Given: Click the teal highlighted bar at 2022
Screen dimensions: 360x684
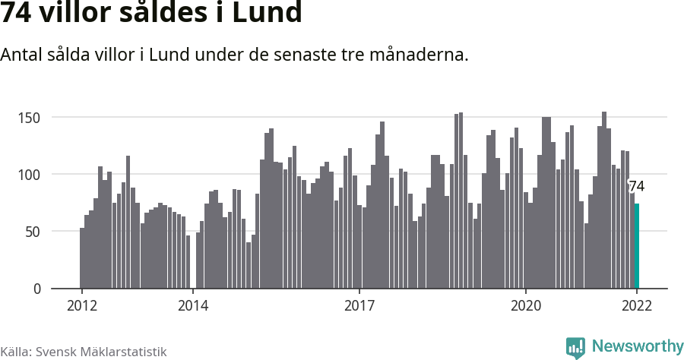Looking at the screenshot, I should pos(637,246).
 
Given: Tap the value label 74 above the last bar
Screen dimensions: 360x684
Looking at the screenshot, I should pos(636,187).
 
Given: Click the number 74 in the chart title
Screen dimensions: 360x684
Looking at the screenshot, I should pos(17,14).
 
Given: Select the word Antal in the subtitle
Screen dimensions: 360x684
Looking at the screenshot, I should pos(22,55).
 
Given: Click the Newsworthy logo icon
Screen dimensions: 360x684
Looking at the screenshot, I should pos(575,347).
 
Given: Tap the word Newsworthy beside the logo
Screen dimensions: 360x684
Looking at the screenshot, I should pos(637,346).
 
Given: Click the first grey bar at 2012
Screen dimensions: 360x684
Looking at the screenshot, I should pos(82,258).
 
